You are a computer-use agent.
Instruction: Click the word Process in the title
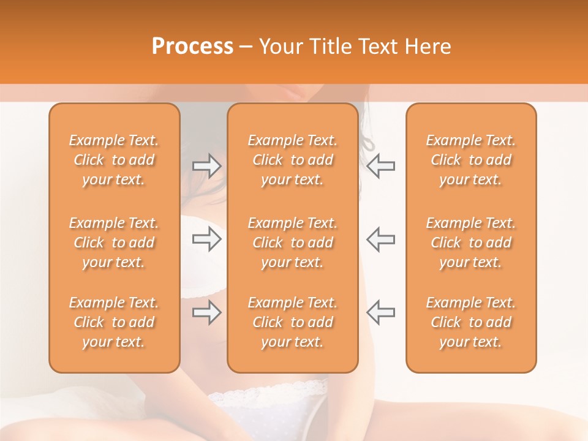coord(192,47)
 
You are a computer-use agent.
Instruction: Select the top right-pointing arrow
coord(206,167)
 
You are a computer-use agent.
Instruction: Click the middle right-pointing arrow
coord(206,239)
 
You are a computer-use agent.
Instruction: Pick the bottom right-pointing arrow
coord(206,313)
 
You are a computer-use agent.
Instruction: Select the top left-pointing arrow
coord(380,167)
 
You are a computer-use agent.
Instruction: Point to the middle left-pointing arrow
coord(380,239)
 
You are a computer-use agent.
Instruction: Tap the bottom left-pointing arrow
coord(380,313)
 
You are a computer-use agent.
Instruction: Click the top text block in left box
coord(114,160)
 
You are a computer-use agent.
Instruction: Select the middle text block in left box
coord(114,243)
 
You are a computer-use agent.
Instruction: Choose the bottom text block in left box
coord(114,322)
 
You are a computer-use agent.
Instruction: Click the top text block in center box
coord(292,160)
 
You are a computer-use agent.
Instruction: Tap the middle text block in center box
coord(292,243)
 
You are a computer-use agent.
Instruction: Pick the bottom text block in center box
coord(292,322)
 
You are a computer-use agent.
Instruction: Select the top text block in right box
coord(470,160)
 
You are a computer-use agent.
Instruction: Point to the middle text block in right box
coord(470,243)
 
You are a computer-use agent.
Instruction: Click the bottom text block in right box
coord(470,322)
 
